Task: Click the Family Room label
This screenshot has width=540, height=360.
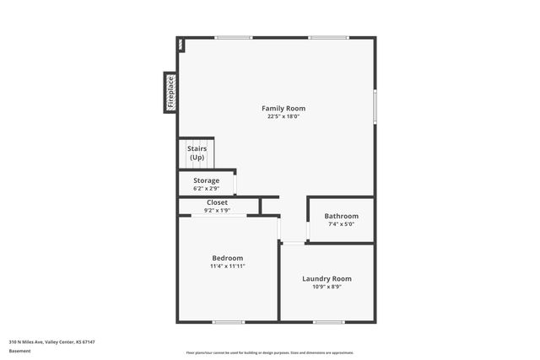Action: [283, 108]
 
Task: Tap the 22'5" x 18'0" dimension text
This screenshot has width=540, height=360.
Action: [283, 116]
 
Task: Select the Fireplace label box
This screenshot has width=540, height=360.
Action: [170, 92]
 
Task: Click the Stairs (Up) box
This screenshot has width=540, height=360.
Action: [197, 153]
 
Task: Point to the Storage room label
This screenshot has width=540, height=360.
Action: [206, 180]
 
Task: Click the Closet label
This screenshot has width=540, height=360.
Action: [217, 202]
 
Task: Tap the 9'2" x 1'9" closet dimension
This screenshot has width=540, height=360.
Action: [217, 210]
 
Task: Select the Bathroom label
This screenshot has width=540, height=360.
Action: [341, 216]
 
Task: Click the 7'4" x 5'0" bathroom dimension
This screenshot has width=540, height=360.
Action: [341, 224]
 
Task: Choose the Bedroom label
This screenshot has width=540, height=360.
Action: [227, 258]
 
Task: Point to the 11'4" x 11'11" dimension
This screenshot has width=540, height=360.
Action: [227, 266]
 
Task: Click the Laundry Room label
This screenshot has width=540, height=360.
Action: [327, 278]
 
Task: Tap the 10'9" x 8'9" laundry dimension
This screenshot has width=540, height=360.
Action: [327, 287]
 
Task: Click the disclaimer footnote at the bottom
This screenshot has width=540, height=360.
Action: [269, 352]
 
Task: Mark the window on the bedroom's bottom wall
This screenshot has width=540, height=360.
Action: [228, 321]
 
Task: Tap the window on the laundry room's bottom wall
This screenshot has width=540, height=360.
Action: [328, 321]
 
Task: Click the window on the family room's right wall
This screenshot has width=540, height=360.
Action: [375, 107]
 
